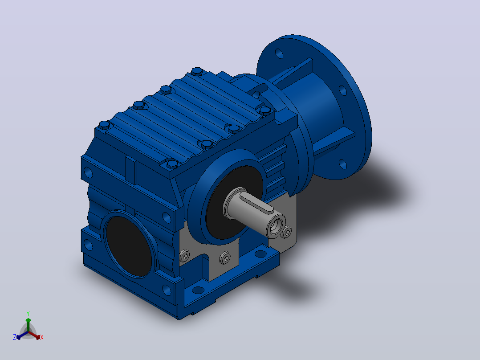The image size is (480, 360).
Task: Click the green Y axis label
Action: [28, 313]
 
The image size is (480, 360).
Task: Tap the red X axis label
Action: [42, 337]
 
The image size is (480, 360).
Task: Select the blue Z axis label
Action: [15, 337]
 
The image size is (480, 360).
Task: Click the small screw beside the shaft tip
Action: [287, 232]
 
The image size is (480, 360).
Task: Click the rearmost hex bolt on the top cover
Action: [197, 72]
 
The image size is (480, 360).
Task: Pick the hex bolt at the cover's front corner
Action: [172, 164]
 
